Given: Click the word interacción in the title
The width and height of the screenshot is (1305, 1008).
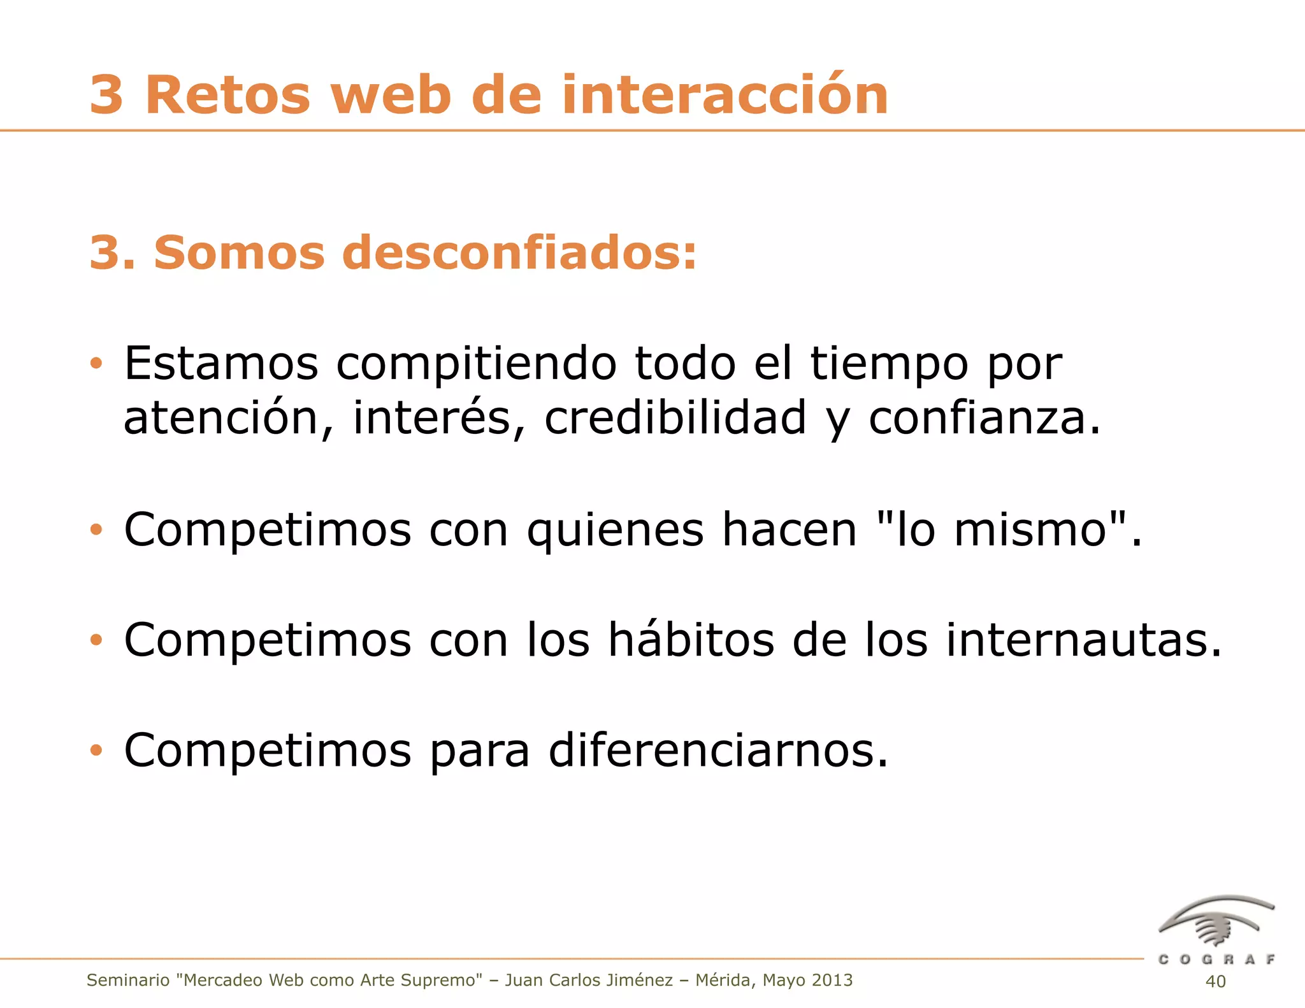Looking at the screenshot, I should [x=725, y=96].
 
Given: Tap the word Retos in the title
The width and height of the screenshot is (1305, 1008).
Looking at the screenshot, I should [x=227, y=96].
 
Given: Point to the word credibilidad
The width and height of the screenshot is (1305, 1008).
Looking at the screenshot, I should [x=675, y=418].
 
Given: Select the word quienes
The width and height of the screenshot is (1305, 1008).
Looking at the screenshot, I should [x=615, y=531].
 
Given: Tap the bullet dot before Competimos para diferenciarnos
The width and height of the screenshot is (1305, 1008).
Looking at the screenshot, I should [x=96, y=751].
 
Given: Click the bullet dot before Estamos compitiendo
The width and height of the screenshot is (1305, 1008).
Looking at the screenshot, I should [x=96, y=364].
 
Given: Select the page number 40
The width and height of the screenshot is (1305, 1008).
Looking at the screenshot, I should [x=1215, y=982].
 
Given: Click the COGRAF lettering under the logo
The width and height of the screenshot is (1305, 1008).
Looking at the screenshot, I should [x=1216, y=960].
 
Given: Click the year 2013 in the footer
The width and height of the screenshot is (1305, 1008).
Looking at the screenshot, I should [x=832, y=981].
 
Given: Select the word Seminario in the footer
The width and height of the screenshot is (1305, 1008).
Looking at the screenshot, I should [x=128, y=981].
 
